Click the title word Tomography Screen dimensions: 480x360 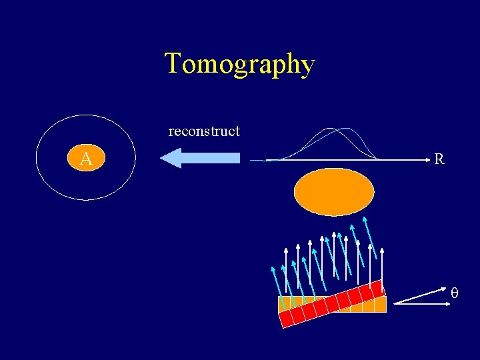239,65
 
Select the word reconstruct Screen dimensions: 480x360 204,131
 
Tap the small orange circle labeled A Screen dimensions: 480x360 85,159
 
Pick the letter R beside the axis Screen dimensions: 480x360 439,159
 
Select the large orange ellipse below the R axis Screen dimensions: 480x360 334,191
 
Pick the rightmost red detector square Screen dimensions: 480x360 377,288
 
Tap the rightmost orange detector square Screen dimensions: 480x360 380,305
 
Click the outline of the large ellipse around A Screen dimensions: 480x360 36,158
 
